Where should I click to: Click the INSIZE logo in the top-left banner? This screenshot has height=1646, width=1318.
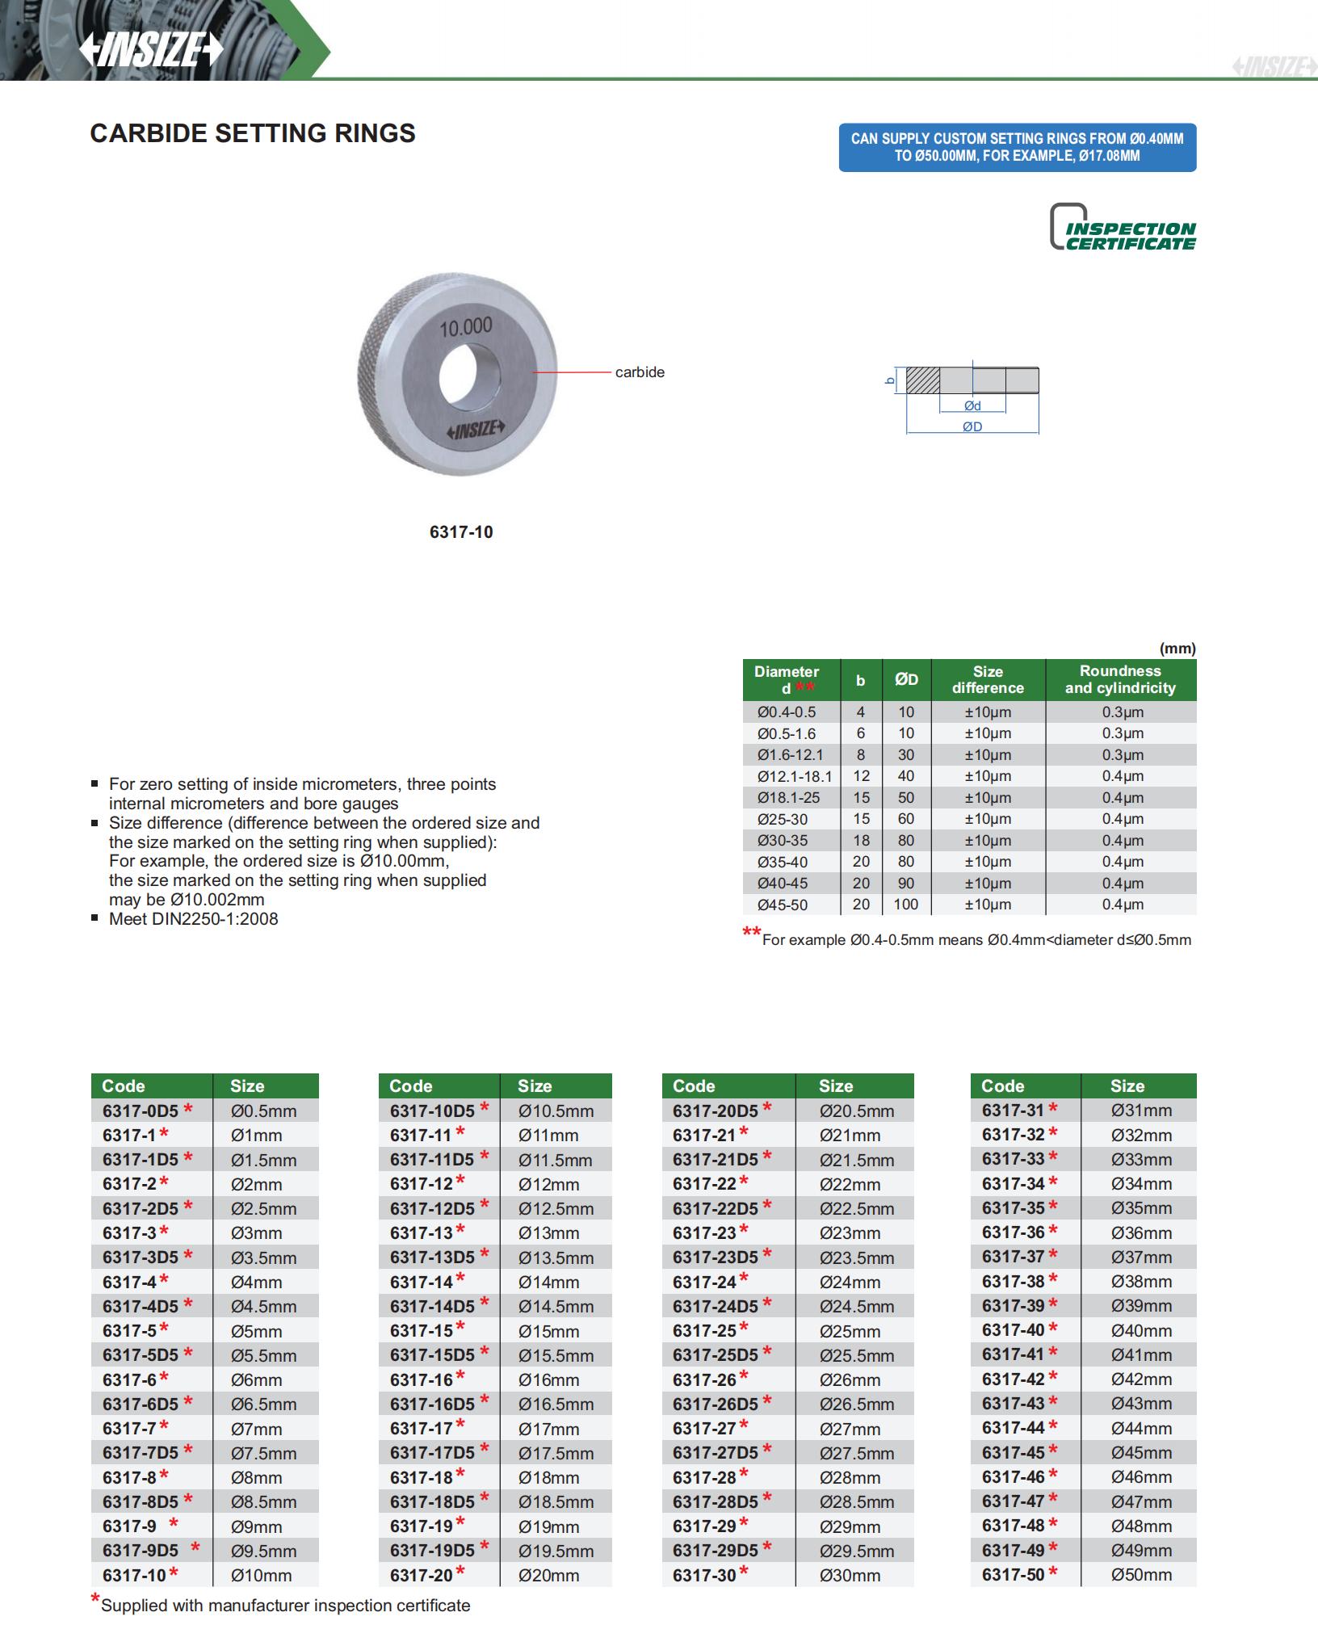coord(151,50)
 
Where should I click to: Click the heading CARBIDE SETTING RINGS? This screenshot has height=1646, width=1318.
coord(253,133)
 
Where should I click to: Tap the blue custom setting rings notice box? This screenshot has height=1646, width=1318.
coord(1017,147)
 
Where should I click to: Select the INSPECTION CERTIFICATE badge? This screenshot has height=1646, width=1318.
coord(1123,229)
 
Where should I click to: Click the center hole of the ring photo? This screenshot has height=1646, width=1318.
coord(470,377)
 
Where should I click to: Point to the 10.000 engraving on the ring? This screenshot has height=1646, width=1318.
coord(466,326)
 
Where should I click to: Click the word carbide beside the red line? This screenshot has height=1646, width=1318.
coord(640,372)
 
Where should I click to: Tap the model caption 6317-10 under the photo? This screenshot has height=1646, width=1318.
coord(461,532)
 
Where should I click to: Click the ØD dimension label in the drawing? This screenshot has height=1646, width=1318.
coord(972,426)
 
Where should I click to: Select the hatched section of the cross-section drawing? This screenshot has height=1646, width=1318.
coord(922,380)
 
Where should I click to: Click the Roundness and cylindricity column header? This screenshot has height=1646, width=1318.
coord(1120,679)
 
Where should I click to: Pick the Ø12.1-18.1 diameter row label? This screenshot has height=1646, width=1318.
coord(794,776)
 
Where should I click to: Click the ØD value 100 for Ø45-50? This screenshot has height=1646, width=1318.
coord(906,905)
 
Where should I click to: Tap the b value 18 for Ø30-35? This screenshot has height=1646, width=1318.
coord(861,840)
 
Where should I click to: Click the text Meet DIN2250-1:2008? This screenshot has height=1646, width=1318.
coord(194,919)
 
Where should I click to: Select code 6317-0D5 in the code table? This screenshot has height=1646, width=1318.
coord(141,1111)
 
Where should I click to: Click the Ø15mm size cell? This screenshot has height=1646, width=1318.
coord(548,1331)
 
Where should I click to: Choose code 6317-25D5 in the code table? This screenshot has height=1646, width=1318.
coord(716,1355)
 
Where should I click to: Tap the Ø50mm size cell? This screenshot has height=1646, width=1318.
coord(1141,1575)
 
